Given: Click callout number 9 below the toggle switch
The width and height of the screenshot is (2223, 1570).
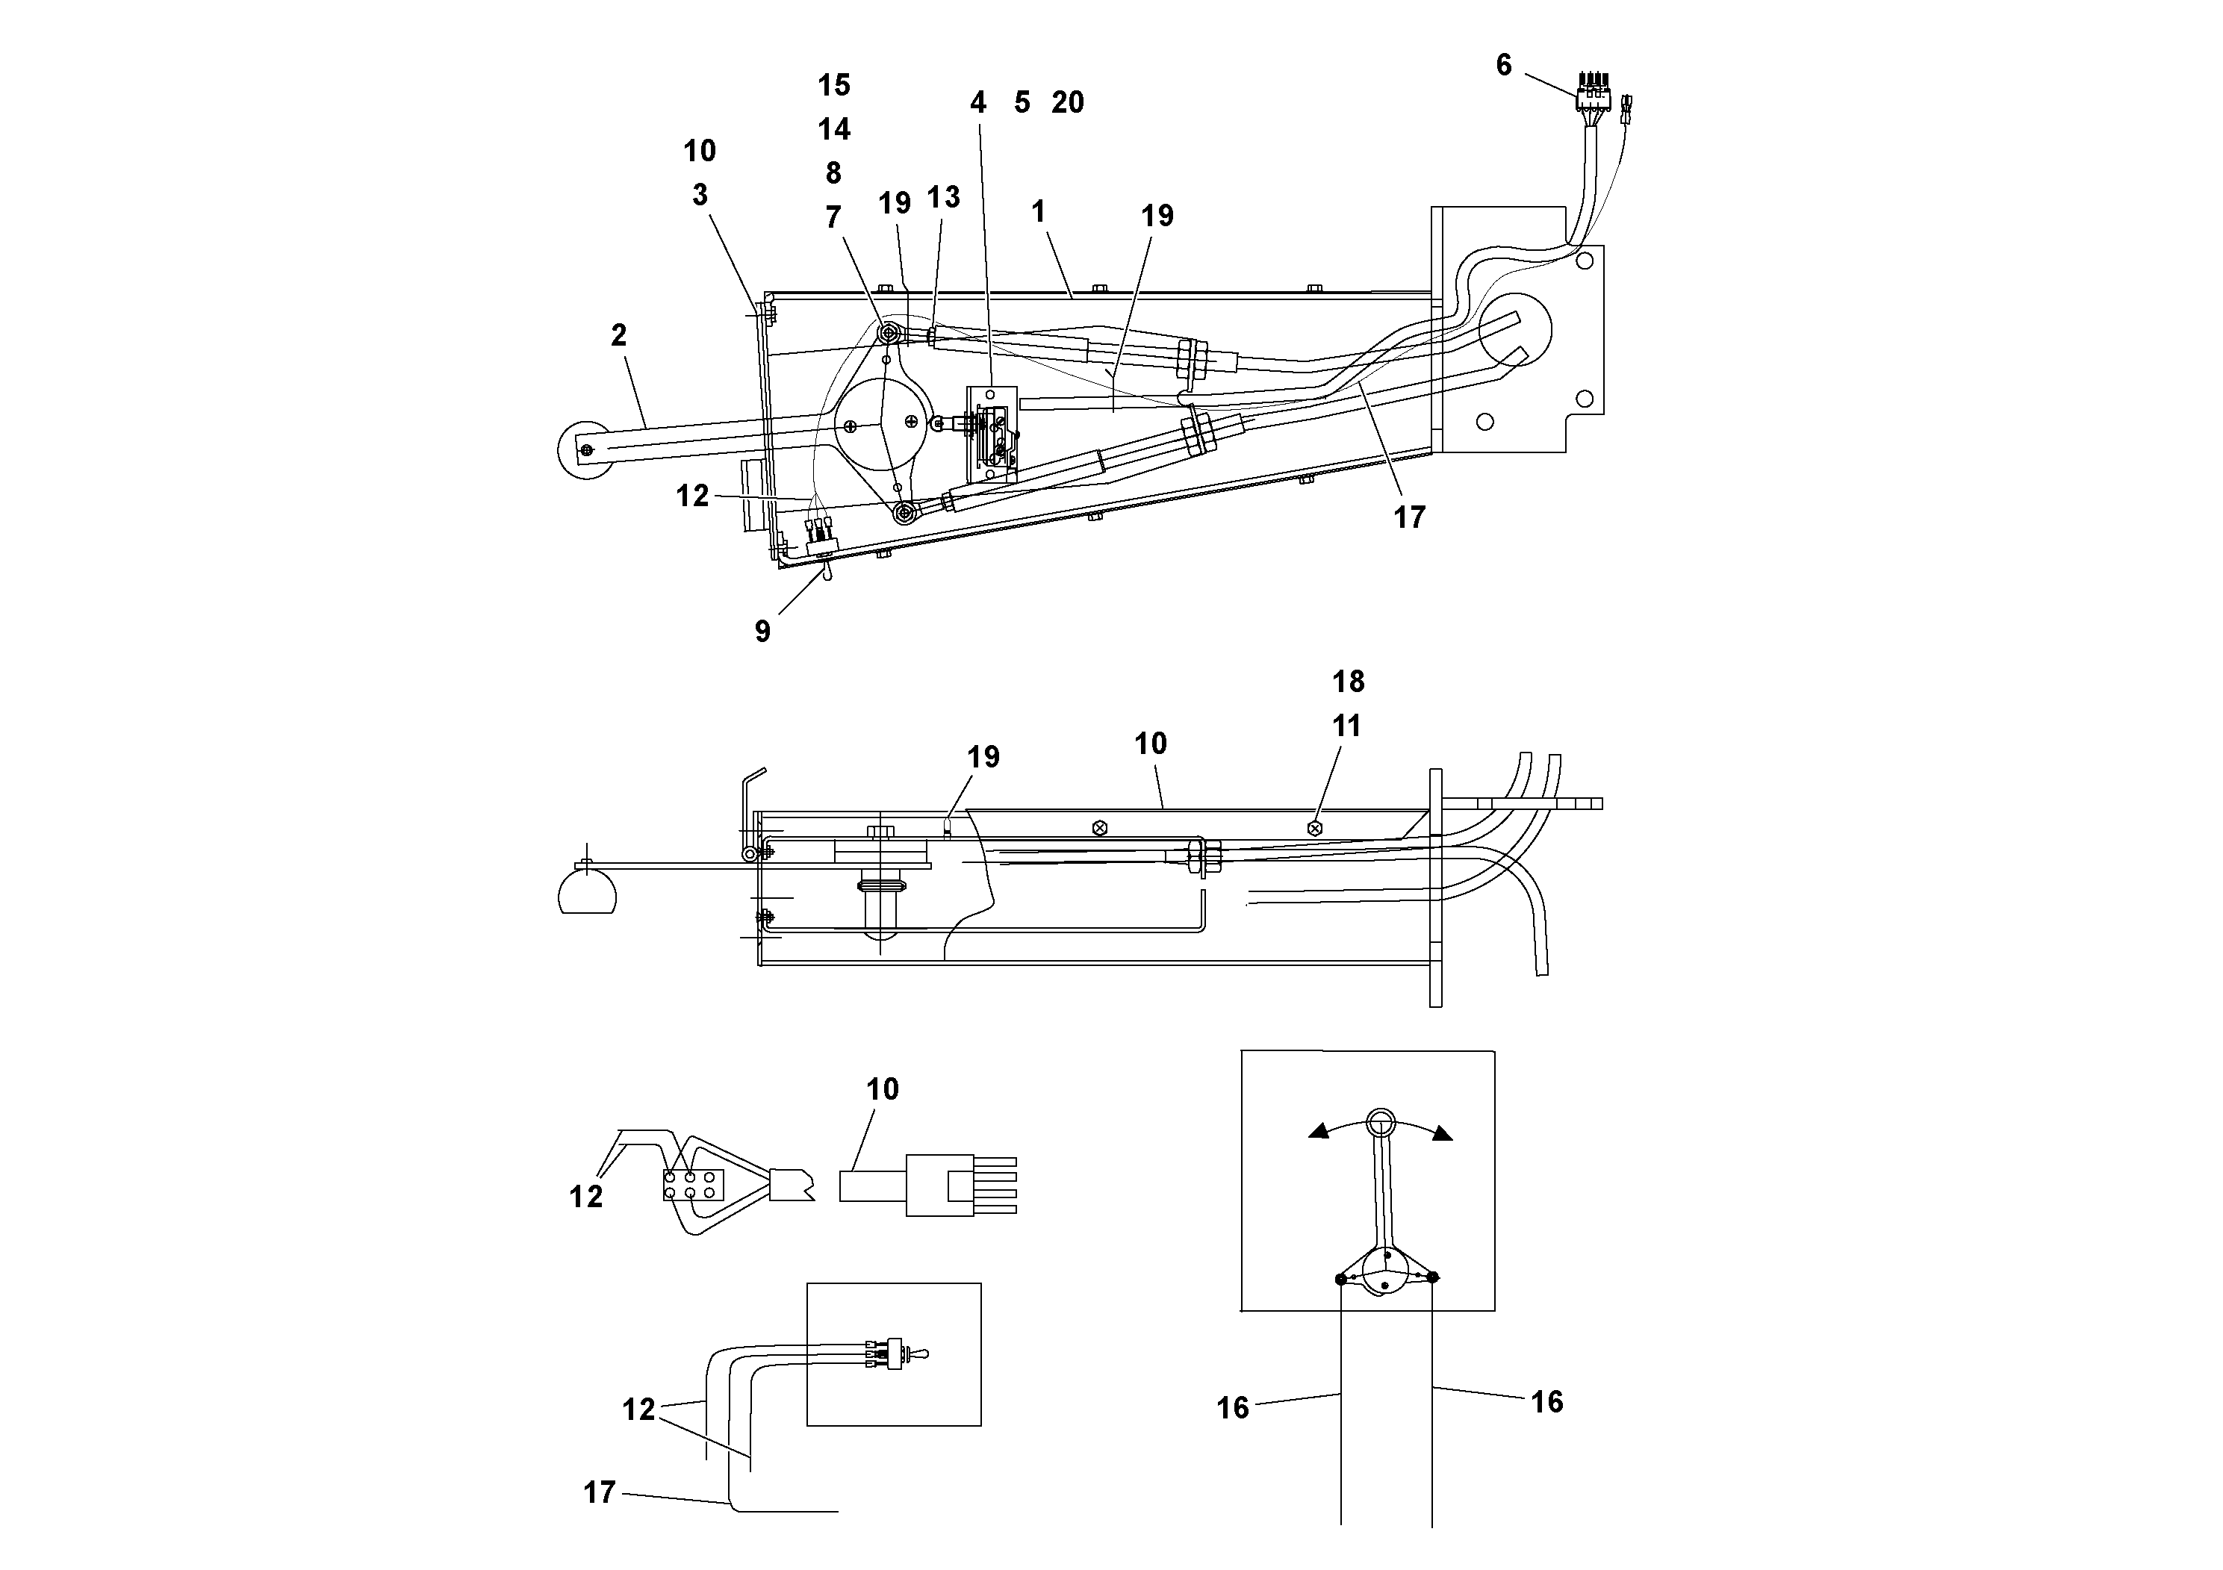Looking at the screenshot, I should point(763,631).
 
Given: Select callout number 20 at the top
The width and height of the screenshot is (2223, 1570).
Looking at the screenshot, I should point(1067,102).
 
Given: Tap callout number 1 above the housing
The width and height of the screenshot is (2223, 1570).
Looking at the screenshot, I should point(1039,211).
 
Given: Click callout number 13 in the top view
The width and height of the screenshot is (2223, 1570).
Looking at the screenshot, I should point(943,197).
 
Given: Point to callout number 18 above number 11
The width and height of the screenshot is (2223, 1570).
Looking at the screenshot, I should point(1348,682).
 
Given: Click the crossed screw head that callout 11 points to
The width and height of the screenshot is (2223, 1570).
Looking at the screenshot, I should point(1313,828).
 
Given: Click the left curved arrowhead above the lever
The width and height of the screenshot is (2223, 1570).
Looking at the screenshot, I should point(1319,1130).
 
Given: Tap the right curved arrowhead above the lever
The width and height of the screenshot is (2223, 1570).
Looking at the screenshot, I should point(1443,1133).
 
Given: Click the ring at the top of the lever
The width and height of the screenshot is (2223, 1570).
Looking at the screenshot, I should point(1380,1122).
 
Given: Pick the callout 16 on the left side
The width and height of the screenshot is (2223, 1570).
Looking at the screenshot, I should point(1233,1408).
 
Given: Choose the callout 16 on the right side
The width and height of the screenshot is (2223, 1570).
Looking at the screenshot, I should point(1546,1401).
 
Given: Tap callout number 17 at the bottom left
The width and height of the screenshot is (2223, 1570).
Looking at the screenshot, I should point(600,1492).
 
